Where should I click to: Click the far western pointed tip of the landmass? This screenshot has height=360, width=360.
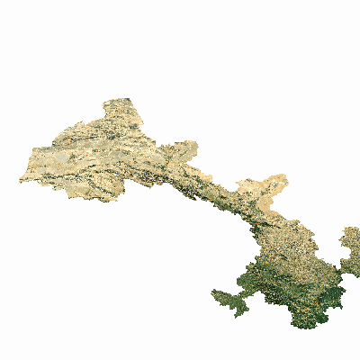point(21,180)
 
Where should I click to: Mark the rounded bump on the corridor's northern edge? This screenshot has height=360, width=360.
point(184,147)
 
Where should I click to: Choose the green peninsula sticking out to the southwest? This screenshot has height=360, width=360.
point(230,301)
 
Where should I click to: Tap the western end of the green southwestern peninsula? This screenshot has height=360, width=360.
point(213,292)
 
